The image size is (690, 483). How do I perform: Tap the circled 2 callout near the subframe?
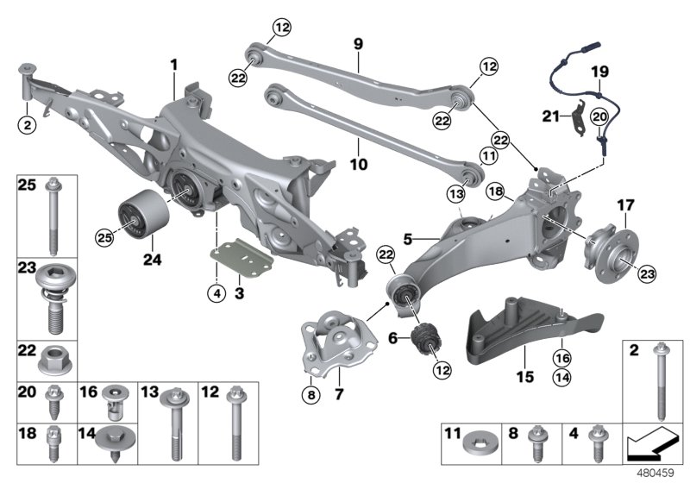28,125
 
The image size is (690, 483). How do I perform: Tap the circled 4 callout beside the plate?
216,292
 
